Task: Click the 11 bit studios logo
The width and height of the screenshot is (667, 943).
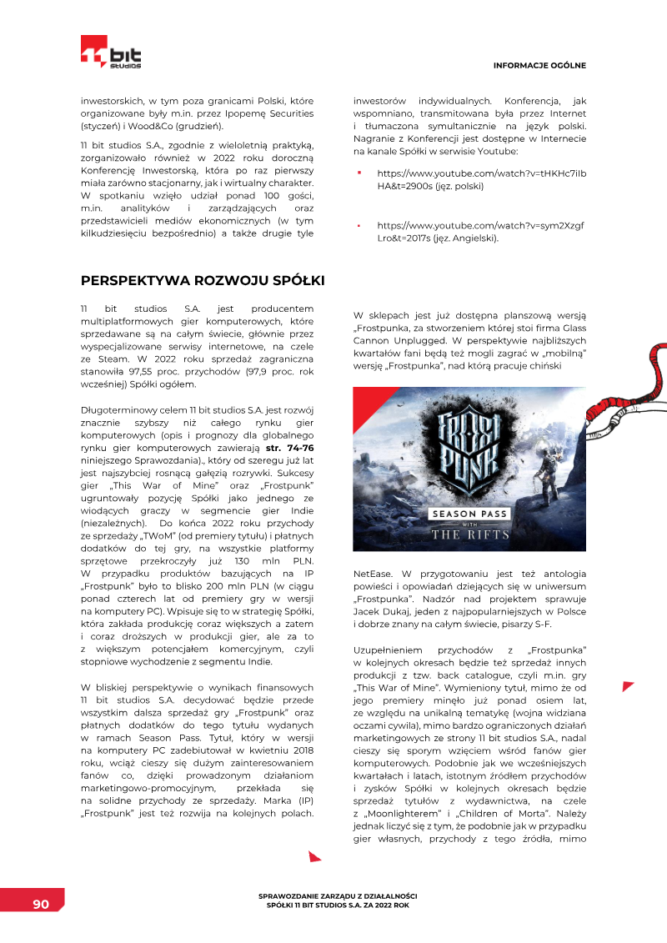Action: pyautogui.click(x=111, y=52)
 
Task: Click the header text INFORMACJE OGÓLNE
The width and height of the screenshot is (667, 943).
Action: pyautogui.click(x=539, y=65)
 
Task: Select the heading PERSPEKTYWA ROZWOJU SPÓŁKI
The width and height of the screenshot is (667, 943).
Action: pyautogui.click(x=203, y=278)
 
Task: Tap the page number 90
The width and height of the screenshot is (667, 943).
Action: pyautogui.click(x=40, y=905)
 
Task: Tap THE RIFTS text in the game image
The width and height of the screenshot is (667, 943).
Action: pyautogui.click(x=469, y=534)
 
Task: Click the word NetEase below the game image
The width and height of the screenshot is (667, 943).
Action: pyautogui.click(x=373, y=574)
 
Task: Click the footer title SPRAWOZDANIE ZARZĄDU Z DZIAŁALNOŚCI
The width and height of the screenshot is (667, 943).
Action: pyautogui.click(x=339, y=895)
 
